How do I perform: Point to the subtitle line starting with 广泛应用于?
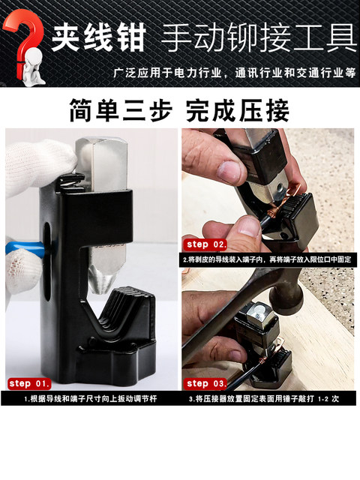click(233, 73)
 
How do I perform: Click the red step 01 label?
click(30, 383)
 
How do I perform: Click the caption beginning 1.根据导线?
click(90, 399)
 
